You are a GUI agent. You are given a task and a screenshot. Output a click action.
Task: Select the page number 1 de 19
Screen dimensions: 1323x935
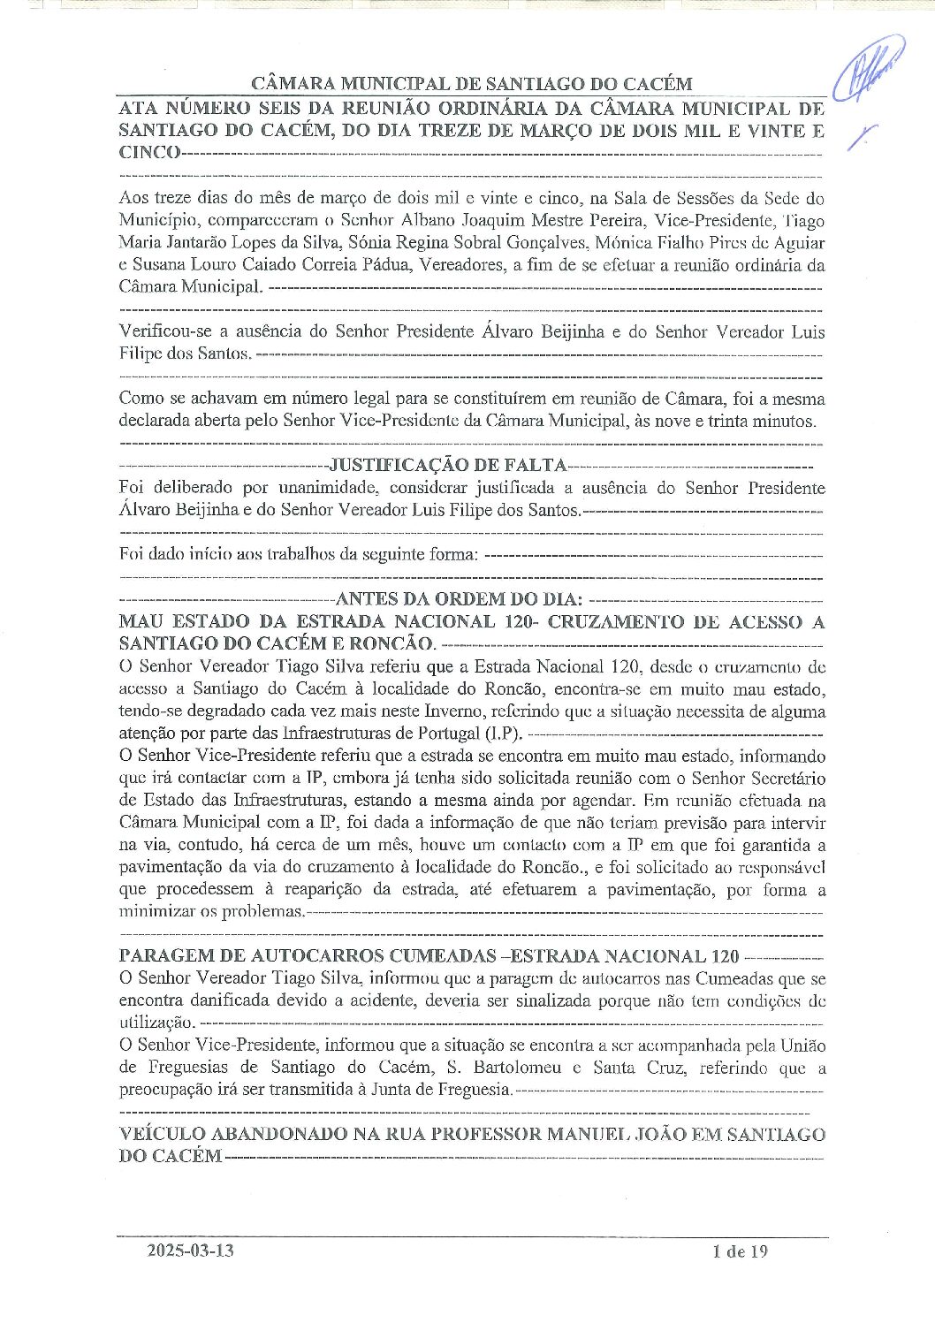[x=740, y=1251]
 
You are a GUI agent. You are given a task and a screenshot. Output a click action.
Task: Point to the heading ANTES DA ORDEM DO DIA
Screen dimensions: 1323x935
[x=459, y=599]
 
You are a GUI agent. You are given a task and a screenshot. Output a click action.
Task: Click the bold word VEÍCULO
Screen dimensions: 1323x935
[x=162, y=1134]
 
